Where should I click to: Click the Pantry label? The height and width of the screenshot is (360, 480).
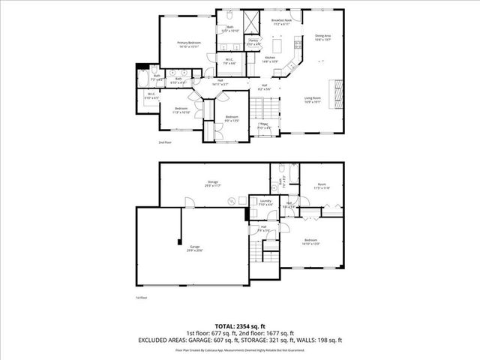pyautogui.click(x=253, y=43)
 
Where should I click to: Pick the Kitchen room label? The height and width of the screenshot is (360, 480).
pyautogui.click(x=270, y=59)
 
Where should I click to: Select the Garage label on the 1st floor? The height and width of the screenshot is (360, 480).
pyautogui.click(x=195, y=248)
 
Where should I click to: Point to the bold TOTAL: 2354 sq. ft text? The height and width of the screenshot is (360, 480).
pyautogui.click(x=240, y=325)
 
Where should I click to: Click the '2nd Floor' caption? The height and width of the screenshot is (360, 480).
pyautogui.click(x=165, y=142)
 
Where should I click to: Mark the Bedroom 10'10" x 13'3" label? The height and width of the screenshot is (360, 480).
pyautogui.click(x=310, y=242)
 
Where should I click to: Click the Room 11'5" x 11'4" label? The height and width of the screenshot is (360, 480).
pyautogui.click(x=322, y=187)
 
